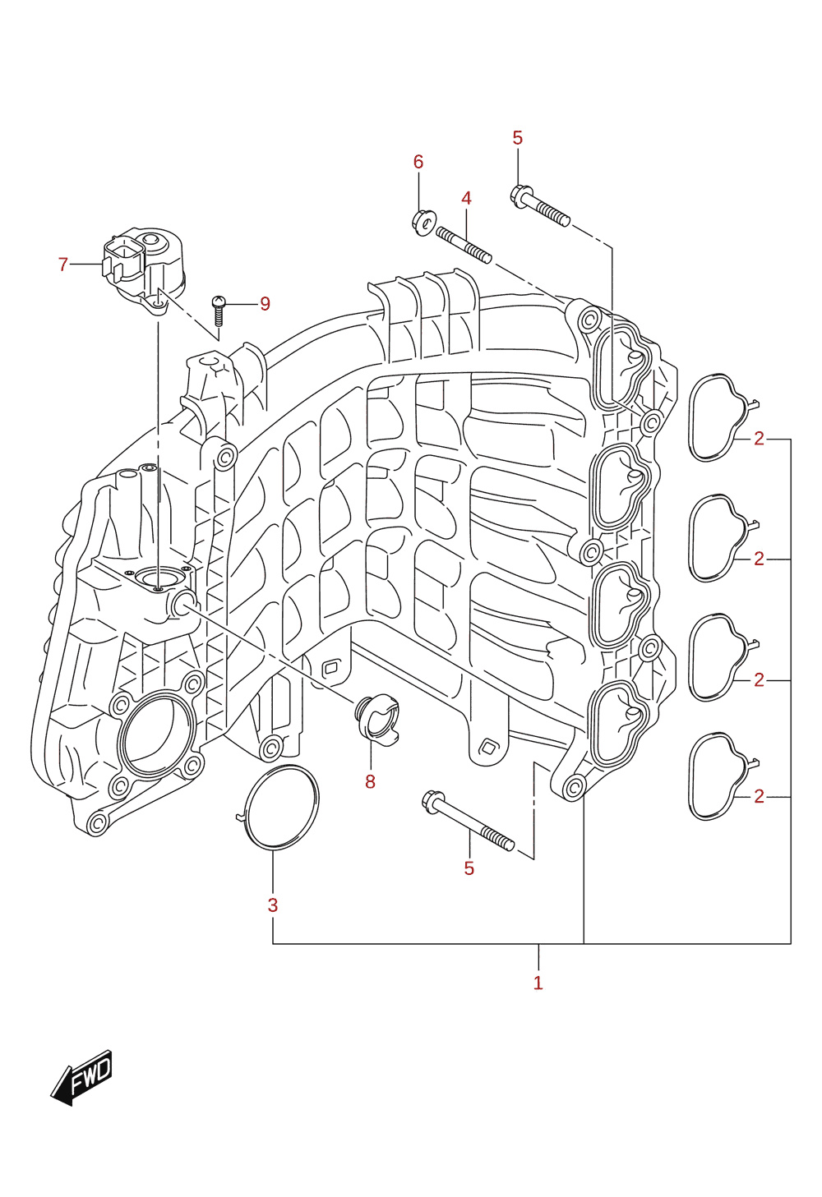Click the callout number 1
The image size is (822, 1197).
point(538,983)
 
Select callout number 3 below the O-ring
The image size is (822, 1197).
point(273,905)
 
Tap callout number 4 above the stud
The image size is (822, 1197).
point(466,198)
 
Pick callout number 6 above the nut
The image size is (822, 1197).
point(418,161)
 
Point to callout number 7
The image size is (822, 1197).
point(63,264)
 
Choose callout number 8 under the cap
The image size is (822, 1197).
point(370,782)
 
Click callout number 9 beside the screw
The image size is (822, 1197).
point(265,303)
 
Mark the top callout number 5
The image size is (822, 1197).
point(517,137)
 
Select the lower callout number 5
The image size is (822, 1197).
point(469,868)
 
